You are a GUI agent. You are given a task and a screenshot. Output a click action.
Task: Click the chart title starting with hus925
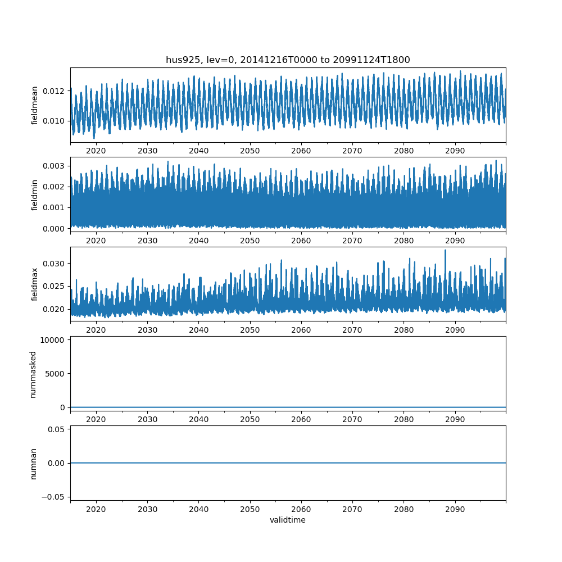coord(288,60)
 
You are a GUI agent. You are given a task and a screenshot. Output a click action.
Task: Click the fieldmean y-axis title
coord(35,105)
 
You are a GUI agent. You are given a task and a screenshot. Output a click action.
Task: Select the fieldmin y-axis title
coord(35,194)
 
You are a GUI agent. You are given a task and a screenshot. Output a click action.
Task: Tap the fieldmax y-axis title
coord(35,284)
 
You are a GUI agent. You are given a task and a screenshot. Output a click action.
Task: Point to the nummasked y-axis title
coord(33,374)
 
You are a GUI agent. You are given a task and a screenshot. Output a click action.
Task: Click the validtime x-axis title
coord(288,520)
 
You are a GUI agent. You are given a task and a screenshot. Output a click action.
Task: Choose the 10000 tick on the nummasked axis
coord(53,340)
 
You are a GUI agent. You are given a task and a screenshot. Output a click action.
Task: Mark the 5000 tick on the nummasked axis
coord(55,374)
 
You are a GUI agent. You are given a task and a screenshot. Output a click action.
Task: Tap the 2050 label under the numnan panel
coord(250,509)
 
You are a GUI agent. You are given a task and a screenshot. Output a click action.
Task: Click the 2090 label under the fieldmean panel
coord(455,151)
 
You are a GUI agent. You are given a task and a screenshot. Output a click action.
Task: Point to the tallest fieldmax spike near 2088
coord(446,251)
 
